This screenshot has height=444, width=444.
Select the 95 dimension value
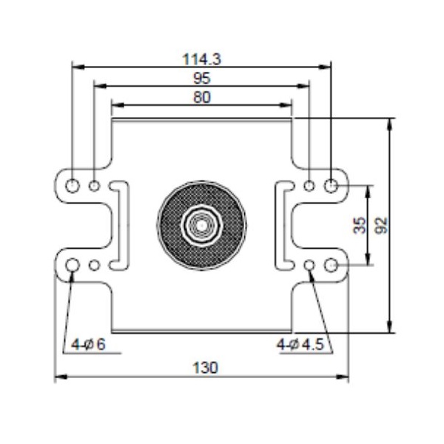coord(201,78)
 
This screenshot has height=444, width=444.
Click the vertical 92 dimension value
coord(382,225)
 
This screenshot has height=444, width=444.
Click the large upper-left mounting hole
coord(73,185)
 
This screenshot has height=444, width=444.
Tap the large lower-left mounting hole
coord(73,266)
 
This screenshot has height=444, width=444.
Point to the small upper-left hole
coord(94,185)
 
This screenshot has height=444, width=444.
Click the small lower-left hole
coord(94,266)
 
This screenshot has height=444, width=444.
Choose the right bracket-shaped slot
coord(284,225)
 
